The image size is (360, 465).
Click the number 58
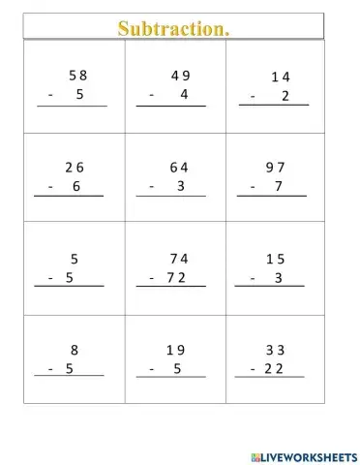(78, 75)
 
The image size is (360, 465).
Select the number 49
(180, 76)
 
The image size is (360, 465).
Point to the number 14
(281, 77)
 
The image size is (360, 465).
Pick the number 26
(75, 167)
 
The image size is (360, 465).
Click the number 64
(178, 167)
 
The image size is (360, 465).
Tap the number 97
(276, 167)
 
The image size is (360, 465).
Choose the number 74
(178, 258)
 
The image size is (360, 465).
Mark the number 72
(175, 277)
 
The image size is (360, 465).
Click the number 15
(276, 258)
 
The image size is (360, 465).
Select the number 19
(175, 350)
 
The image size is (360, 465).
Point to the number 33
(276, 350)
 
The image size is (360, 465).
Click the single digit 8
(75, 350)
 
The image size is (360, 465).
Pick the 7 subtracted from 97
(279, 186)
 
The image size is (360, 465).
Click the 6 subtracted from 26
(76, 186)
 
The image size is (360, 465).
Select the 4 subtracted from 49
(183, 95)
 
